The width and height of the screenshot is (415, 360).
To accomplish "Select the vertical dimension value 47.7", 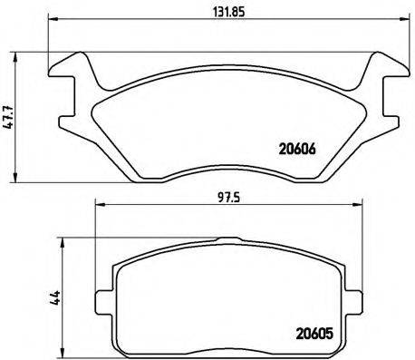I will point(9,120).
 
